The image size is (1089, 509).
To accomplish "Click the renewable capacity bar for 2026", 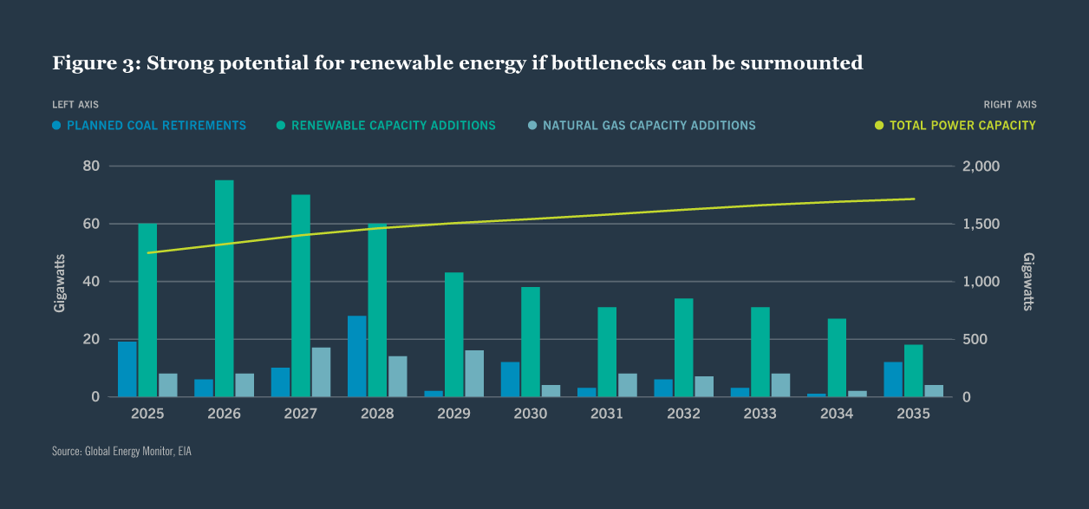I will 224,289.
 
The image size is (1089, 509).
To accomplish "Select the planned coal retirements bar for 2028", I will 356,356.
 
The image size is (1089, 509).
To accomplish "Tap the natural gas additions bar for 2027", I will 321,372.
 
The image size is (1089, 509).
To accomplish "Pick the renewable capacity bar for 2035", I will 913,371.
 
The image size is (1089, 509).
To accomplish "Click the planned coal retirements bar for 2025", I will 127,369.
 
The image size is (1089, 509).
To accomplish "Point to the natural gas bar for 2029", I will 474,374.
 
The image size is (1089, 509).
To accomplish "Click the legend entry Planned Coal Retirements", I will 149,126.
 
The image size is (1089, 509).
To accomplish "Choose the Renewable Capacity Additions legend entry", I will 386,126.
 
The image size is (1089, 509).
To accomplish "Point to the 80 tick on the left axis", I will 91,166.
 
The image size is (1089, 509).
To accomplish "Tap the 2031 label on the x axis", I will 607,414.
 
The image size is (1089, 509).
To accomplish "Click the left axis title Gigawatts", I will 60,282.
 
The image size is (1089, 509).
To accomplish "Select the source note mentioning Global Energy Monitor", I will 121,452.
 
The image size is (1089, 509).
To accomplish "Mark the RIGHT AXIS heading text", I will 1010,105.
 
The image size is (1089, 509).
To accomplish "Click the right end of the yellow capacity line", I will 914,199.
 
